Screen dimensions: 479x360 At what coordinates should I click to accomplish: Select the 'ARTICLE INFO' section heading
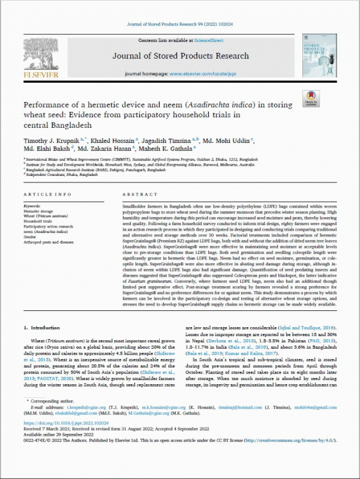tap(45, 195)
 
